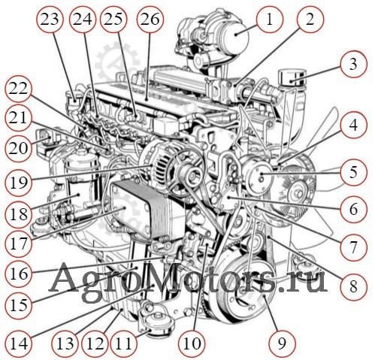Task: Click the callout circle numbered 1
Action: coord(270,20)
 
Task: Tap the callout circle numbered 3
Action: coord(353,64)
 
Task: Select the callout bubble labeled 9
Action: coord(282,343)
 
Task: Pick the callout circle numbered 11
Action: coord(124,343)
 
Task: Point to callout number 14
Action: coord(19,343)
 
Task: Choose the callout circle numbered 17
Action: coord(19,243)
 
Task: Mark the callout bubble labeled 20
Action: coord(19,148)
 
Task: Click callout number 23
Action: coord(50,20)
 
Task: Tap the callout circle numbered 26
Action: coord(150,20)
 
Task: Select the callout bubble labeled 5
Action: coord(353,172)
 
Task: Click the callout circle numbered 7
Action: coord(353,247)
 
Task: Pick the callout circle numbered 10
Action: coord(192,343)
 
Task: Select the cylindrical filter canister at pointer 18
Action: coord(80,180)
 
